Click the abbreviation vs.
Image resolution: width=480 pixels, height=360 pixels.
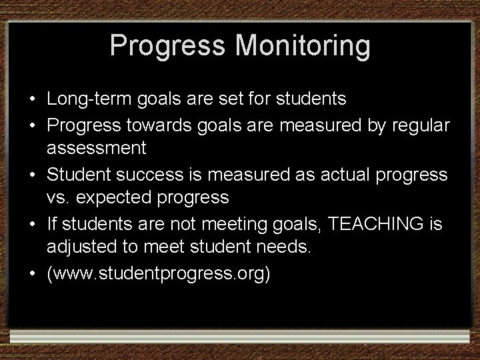59,197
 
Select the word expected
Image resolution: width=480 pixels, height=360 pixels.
111,197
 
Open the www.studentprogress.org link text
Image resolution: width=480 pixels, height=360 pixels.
159,275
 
